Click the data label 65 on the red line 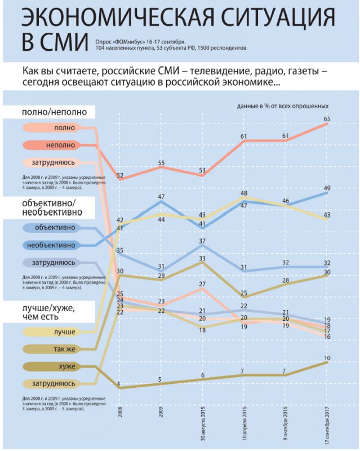[x=327, y=118]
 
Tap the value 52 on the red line [x=120, y=175]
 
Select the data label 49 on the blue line [x=327, y=188]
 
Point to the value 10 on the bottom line [x=327, y=357]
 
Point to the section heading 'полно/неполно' [x=54, y=112]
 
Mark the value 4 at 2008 [x=118, y=384]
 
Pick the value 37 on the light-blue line [x=203, y=241]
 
